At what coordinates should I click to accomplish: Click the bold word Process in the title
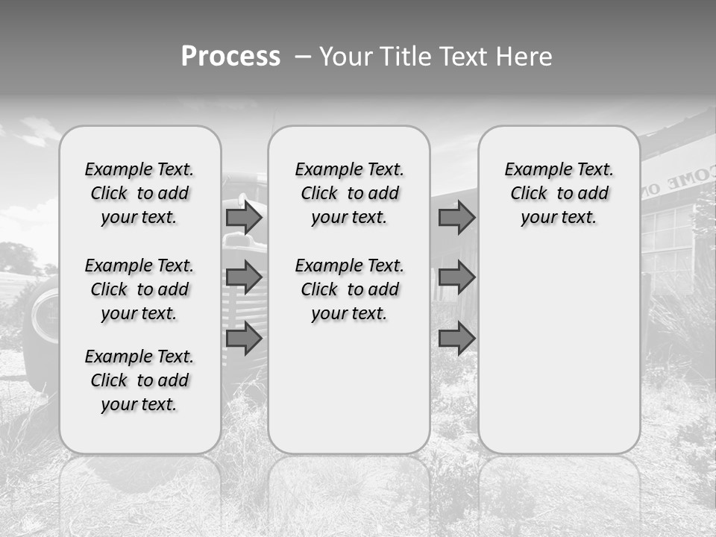[x=230, y=57]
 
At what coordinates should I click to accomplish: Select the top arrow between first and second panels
[x=244, y=218]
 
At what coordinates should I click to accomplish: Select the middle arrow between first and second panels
[x=244, y=278]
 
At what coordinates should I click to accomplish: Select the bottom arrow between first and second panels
[x=244, y=339]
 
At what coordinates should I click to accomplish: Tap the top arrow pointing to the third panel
[x=456, y=218]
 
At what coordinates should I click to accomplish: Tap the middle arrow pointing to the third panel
[x=456, y=278]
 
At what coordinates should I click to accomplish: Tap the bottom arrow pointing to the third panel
[x=456, y=339]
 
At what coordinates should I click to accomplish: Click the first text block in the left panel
[x=139, y=194]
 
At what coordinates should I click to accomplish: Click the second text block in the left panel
[x=139, y=289]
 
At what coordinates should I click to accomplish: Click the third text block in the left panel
[x=139, y=380]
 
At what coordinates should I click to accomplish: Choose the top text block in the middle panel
[x=349, y=194]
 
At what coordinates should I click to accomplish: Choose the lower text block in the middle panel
[x=349, y=289]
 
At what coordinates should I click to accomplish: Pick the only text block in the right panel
[x=559, y=194]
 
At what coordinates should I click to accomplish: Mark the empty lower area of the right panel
[x=559, y=351]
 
